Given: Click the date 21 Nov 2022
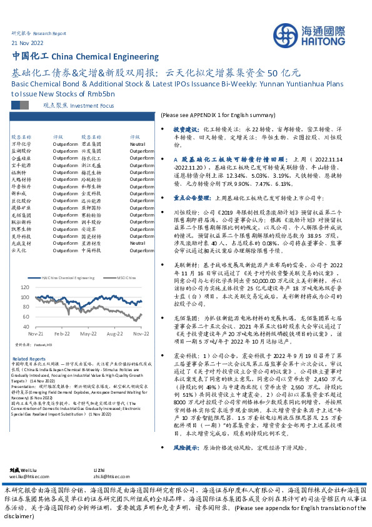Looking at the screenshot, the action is pyautogui.click(x=28, y=42).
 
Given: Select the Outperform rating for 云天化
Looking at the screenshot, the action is pyautogui.click(x=64, y=250).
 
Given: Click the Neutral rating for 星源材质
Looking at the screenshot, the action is pyautogui.click(x=138, y=242).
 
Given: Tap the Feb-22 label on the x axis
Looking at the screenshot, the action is pyautogui.click(x=61, y=335).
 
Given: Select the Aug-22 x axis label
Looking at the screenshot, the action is pyautogui.click(x=114, y=335).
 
